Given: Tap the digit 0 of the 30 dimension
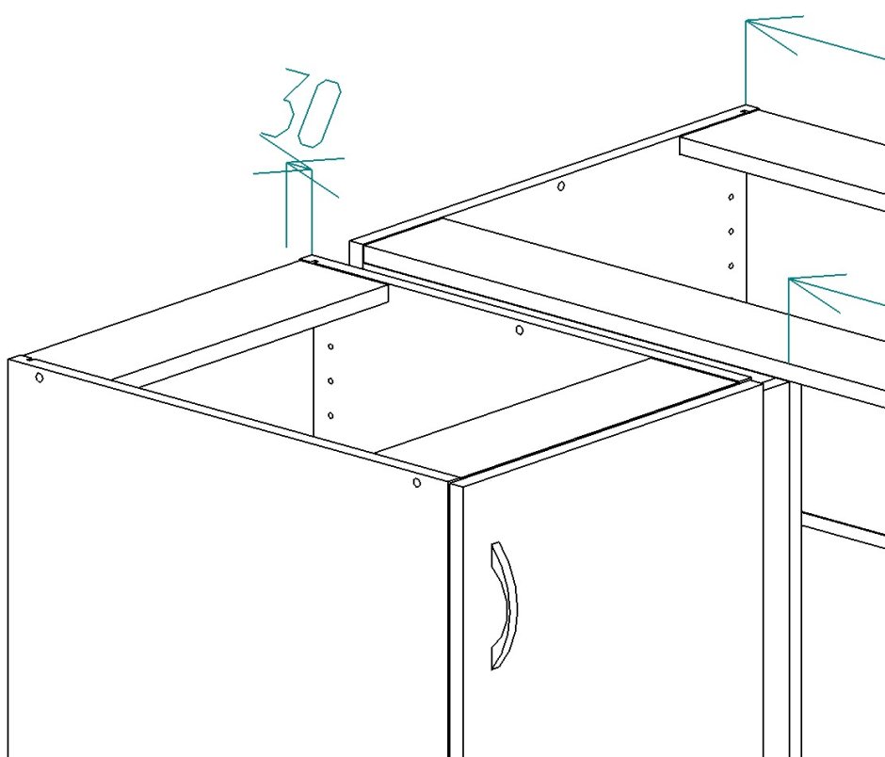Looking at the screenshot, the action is click(x=319, y=114).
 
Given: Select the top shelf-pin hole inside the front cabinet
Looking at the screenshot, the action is click(x=330, y=346).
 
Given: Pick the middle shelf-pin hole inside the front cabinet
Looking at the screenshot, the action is click(x=330, y=381).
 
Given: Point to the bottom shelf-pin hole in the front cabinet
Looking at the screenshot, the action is click(x=330, y=415).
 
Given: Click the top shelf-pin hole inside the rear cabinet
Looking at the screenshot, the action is click(x=731, y=197).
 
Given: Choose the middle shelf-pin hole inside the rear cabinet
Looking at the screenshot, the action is click(x=731, y=232).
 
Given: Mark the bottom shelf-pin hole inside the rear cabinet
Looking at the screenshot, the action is click(x=731, y=266).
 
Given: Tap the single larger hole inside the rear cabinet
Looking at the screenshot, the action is click(x=560, y=185).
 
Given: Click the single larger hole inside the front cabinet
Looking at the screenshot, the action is click(x=520, y=330).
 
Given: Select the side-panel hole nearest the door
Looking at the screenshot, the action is click(x=416, y=483).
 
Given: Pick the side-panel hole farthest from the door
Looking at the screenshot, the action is click(x=39, y=378).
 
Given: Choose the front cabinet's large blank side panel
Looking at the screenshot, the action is click(x=226, y=565).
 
